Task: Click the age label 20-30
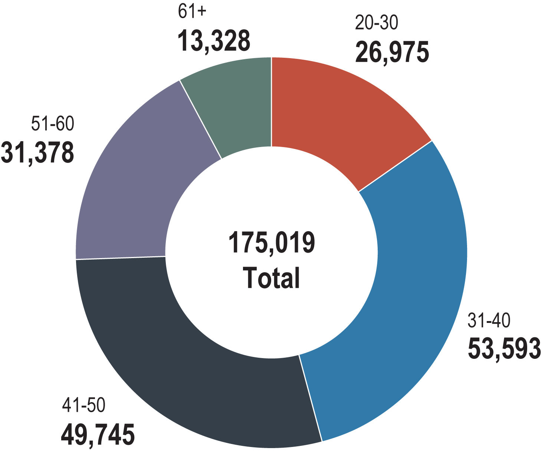pyautogui.click(x=376, y=23)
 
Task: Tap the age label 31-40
pyautogui.click(x=489, y=320)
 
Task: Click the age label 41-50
pyautogui.click(x=83, y=405)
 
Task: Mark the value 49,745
pyautogui.click(x=98, y=435)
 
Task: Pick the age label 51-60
pyautogui.click(x=52, y=124)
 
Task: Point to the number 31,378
pyautogui.click(x=37, y=153)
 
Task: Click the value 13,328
pyautogui.click(x=214, y=40)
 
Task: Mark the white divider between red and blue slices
pyautogui.click(x=395, y=166)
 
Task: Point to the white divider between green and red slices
pyautogui.click(x=271, y=102)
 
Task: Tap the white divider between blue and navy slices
pyautogui.click(x=311, y=398)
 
